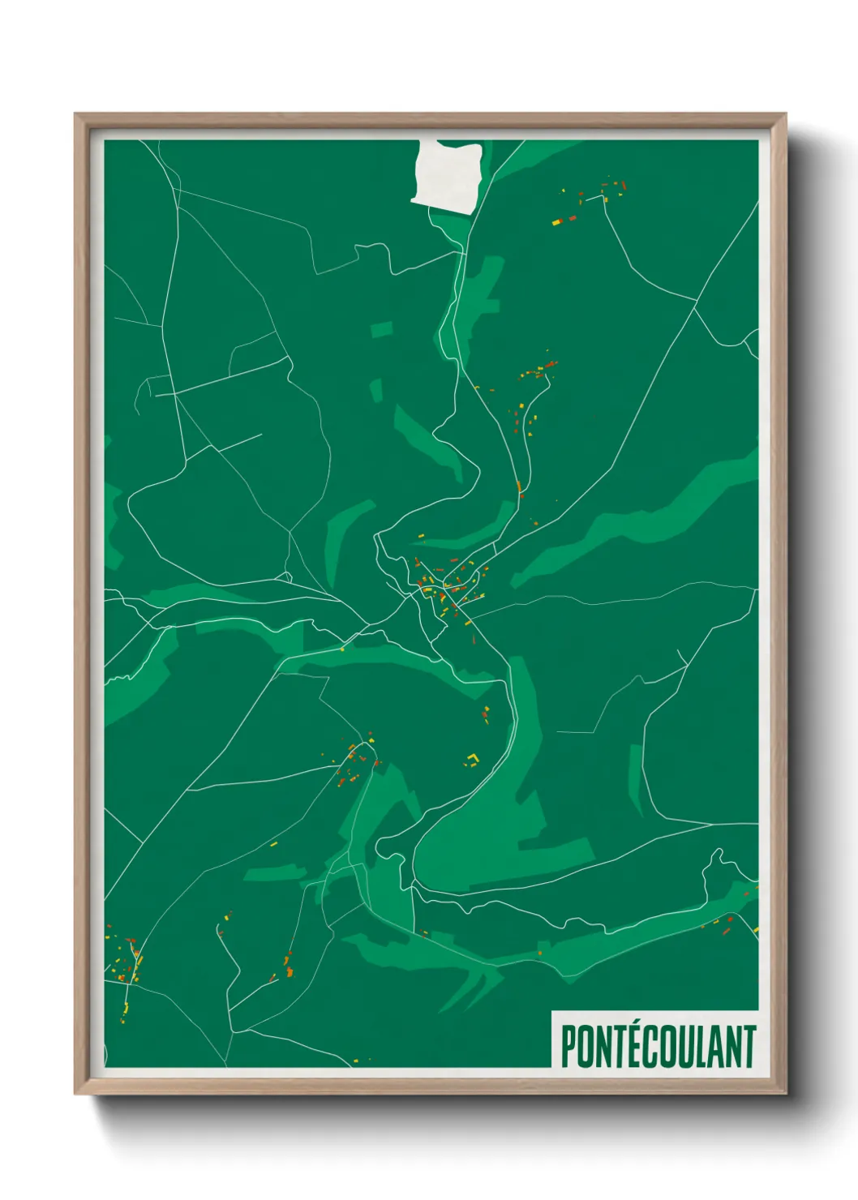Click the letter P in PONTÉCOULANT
point(568,1047)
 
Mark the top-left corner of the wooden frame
point(75,114)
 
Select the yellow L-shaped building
point(472,759)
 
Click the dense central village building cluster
point(446,588)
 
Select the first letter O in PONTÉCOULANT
point(586,1047)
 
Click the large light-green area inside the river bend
point(487,843)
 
